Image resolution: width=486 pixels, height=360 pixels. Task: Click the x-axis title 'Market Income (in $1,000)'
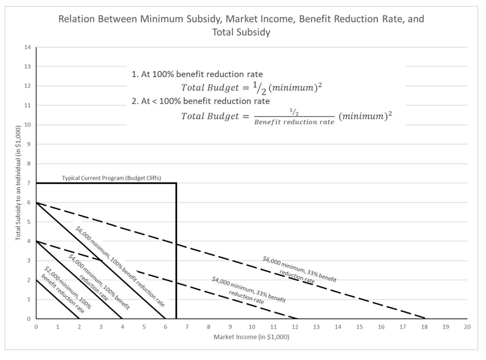(x=251, y=337)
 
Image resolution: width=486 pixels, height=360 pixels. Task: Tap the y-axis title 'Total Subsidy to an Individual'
(x=18, y=182)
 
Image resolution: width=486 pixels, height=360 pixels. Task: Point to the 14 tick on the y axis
(x=28, y=47)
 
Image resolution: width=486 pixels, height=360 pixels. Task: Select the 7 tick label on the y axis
(x=29, y=183)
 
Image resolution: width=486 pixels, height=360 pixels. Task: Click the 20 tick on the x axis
(x=467, y=327)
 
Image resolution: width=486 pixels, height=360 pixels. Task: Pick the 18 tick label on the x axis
(x=424, y=327)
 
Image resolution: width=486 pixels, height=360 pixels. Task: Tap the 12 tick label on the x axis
(x=295, y=327)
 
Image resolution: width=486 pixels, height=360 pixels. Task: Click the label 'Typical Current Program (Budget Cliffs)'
(x=111, y=178)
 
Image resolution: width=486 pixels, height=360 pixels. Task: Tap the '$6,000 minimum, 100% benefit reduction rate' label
(x=120, y=266)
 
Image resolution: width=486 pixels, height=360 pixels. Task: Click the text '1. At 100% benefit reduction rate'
(x=197, y=74)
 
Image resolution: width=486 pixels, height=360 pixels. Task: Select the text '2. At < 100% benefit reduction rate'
(x=201, y=101)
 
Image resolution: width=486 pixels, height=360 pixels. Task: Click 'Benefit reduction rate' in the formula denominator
(x=294, y=122)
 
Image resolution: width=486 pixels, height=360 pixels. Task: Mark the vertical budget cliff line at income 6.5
(x=176, y=250)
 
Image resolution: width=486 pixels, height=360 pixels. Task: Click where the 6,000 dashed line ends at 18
(x=424, y=318)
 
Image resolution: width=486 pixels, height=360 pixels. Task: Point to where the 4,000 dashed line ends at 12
(x=297, y=318)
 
